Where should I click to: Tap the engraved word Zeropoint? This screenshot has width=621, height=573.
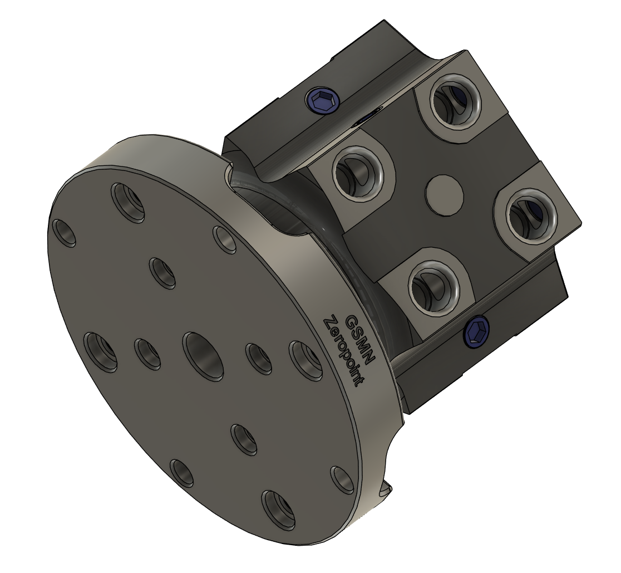pyautogui.click(x=343, y=351)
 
